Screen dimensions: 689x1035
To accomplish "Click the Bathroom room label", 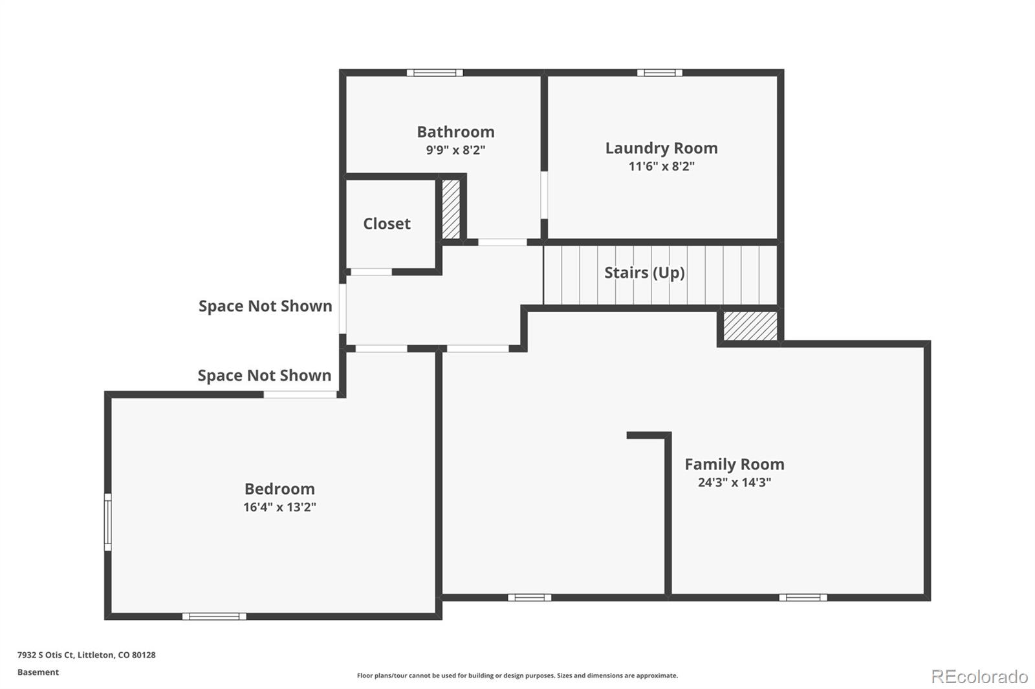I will click(x=455, y=132).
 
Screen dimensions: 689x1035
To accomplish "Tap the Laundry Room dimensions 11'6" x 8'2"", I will click(x=661, y=166).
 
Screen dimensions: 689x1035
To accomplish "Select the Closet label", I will click(x=387, y=224).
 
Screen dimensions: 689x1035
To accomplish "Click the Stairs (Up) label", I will click(x=644, y=273).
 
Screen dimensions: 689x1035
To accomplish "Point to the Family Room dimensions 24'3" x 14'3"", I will click(x=734, y=482).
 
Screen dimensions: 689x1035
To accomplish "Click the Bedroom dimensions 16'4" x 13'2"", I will click(x=279, y=507).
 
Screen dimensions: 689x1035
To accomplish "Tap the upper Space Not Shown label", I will click(x=265, y=306).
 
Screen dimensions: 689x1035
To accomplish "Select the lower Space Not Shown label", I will click(x=265, y=376).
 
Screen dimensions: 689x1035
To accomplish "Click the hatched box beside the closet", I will click(x=451, y=209).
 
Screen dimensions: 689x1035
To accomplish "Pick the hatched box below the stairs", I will click(x=750, y=326).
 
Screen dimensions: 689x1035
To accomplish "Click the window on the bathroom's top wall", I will click(x=435, y=73).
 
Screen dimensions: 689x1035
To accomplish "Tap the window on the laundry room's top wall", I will click(x=659, y=73).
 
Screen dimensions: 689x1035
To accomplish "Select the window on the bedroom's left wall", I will click(x=108, y=522).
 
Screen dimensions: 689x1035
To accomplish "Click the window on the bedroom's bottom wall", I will click(x=214, y=616).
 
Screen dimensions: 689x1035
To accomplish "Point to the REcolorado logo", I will click(x=979, y=677).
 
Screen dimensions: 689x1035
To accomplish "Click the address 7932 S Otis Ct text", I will click(x=86, y=655).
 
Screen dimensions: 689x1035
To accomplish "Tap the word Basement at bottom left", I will click(x=38, y=672).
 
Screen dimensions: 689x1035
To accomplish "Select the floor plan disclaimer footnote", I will click(x=517, y=675).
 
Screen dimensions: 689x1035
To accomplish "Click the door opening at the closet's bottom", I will click(x=371, y=272).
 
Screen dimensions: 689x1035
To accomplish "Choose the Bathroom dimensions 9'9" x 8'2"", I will click(x=455, y=150).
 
